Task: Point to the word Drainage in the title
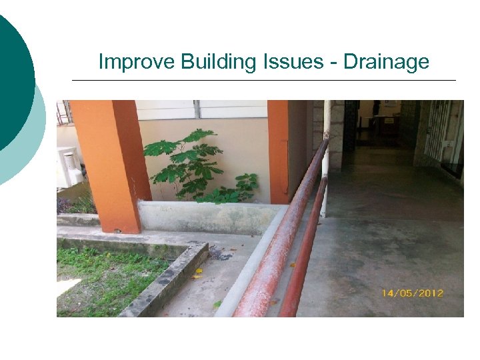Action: click(x=387, y=63)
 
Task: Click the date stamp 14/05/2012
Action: click(x=413, y=293)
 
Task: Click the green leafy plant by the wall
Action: click(x=193, y=163)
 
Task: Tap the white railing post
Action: click(x=325, y=160)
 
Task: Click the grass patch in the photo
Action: click(x=107, y=277)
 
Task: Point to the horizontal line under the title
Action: click(x=263, y=80)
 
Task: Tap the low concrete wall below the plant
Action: click(x=207, y=217)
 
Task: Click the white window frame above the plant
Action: click(x=200, y=109)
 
